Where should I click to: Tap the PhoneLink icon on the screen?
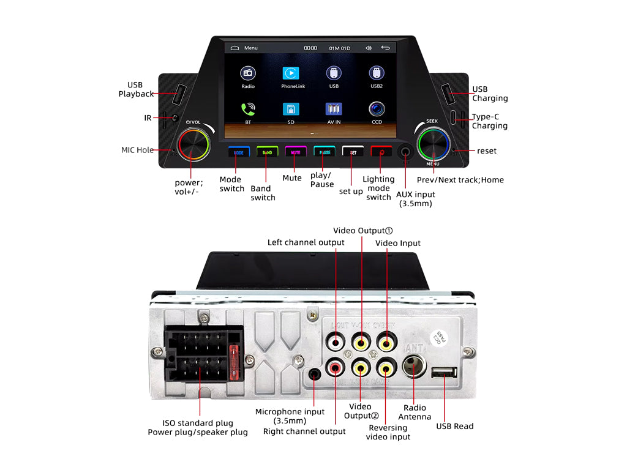pyautogui.click(x=291, y=73)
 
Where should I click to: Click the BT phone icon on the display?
pyautogui.click(x=248, y=109)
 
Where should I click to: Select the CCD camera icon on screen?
pyautogui.click(x=377, y=109)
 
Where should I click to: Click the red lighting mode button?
pyautogui.click(x=381, y=152)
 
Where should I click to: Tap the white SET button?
pyautogui.click(x=353, y=152)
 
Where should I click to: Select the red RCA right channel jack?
pyautogui.click(x=336, y=368)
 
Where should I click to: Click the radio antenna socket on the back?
pyautogui.click(x=414, y=368)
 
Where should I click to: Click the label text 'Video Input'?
pyautogui.click(x=398, y=243)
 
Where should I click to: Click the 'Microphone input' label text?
pyautogui.click(x=290, y=412)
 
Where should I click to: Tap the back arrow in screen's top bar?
pyautogui.click(x=385, y=48)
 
